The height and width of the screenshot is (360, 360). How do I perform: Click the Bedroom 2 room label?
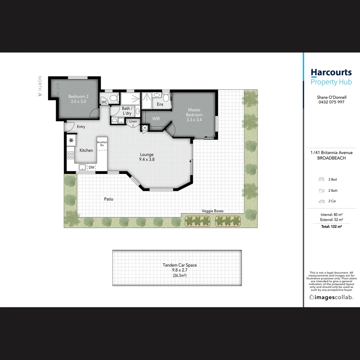(x=78, y=97)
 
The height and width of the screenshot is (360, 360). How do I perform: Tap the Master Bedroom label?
(x=194, y=110)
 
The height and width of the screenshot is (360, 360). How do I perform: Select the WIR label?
(x=156, y=119)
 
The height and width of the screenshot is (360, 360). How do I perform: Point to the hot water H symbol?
(x=145, y=128)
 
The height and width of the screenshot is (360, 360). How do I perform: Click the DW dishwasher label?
(x=91, y=168)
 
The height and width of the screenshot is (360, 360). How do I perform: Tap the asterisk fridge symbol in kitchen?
(x=71, y=140)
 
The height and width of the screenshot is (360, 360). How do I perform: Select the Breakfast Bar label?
(x=102, y=144)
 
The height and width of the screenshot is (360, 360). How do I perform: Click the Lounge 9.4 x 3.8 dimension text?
(x=147, y=159)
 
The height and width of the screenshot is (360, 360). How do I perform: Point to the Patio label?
(x=109, y=199)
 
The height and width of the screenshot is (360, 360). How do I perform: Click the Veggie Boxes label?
(x=213, y=211)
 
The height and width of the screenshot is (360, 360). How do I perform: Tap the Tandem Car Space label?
(x=180, y=265)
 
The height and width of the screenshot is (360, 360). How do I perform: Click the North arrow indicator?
(x=40, y=94)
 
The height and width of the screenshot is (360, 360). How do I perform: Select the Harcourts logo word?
(x=331, y=72)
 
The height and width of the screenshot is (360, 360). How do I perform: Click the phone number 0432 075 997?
(x=331, y=102)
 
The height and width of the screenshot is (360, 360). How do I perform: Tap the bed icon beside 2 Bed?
(x=321, y=179)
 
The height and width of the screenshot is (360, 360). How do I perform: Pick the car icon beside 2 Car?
(x=321, y=201)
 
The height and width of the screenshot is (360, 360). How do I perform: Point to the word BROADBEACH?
(x=331, y=158)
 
